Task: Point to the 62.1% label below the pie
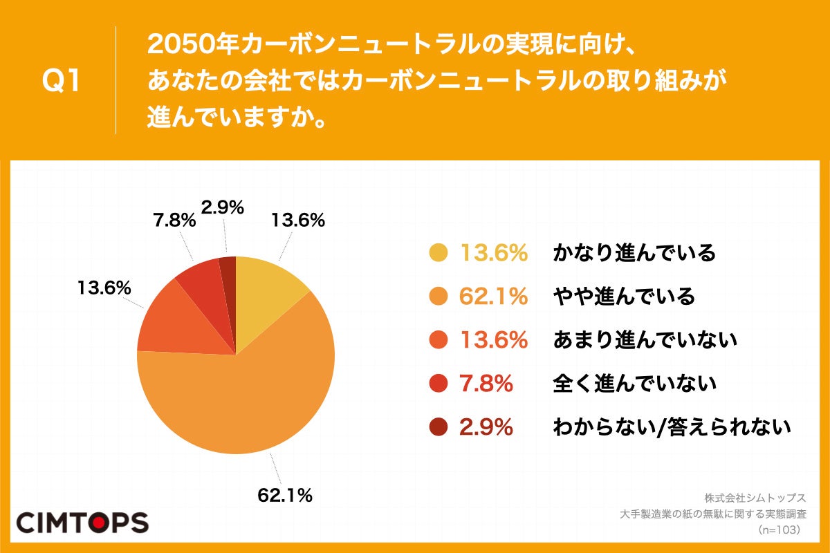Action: coord(285,495)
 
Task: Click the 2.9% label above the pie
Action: coord(223,207)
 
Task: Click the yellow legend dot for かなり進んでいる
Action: coord(439,254)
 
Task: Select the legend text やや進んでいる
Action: coord(624,297)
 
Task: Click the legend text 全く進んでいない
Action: coord(634,383)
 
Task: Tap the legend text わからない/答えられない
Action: coord(671,427)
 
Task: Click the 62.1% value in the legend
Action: coord(494,297)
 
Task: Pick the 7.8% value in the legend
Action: coord(486,383)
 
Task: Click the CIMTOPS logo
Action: coord(82,522)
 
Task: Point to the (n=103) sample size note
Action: coord(779,529)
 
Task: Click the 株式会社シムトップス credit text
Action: coord(755,498)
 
